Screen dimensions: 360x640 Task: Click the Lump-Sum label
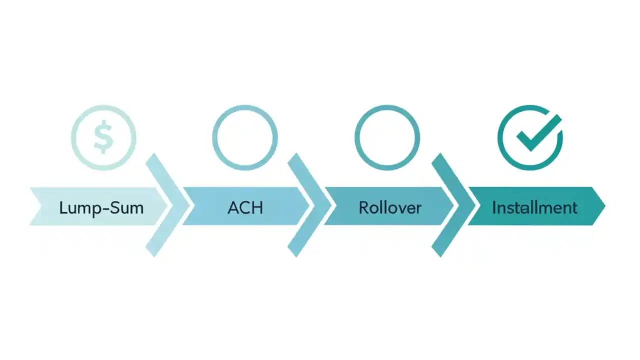pyautogui.click(x=101, y=207)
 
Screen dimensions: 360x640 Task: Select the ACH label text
pyautogui.click(x=245, y=207)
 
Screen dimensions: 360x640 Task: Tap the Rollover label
pyautogui.click(x=390, y=207)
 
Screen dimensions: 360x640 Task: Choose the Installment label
pyautogui.click(x=534, y=207)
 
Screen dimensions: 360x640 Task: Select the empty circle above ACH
pyautogui.click(x=245, y=137)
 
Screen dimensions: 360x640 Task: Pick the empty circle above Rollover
pyautogui.click(x=387, y=137)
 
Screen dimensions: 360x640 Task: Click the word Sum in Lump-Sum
pyautogui.click(x=129, y=207)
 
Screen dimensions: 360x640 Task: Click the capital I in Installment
pyautogui.click(x=494, y=207)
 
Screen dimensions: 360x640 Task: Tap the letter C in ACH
pyautogui.click(x=245, y=207)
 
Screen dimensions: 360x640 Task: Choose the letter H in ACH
pyautogui.click(x=257, y=207)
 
